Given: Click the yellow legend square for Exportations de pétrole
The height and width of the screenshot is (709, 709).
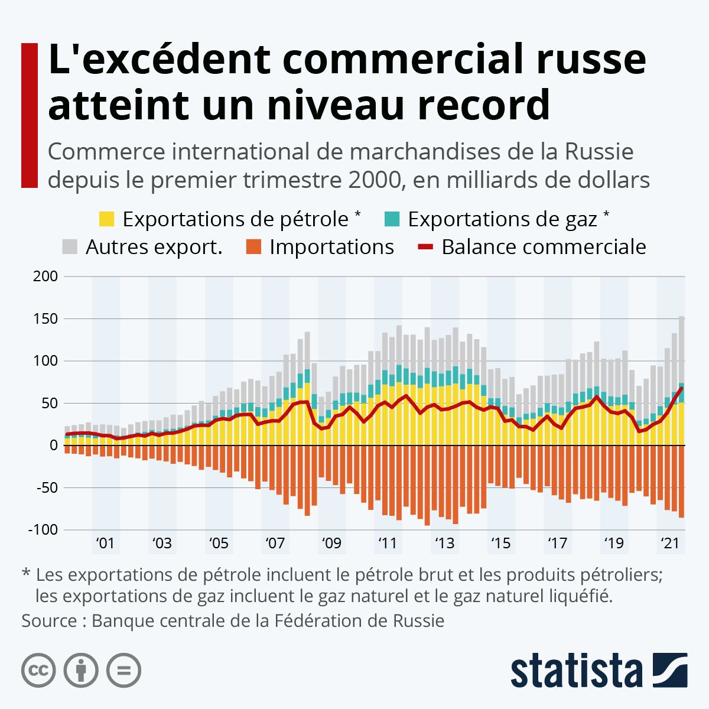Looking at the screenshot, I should [x=106, y=219].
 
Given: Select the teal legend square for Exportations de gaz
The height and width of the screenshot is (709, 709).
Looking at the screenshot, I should [x=392, y=219].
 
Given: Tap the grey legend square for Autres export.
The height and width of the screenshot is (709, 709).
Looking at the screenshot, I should [x=70, y=247].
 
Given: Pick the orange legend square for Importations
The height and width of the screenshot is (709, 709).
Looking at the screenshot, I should [x=253, y=247].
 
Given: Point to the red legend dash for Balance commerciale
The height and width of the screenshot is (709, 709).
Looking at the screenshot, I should [x=425, y=247].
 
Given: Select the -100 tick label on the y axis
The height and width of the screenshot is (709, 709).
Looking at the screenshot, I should [x=43, y=530].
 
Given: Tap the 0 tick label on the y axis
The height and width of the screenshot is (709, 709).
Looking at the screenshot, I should [x=53, y=445].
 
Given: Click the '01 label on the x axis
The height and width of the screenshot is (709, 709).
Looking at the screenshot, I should [x=105, y=543].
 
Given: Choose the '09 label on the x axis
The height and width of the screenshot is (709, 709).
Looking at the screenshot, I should [x=331, y=543].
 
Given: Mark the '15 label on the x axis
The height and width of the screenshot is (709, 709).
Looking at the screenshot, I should [x=501, y=543].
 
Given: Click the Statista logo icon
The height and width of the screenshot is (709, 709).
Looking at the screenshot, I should [x=670, y=670].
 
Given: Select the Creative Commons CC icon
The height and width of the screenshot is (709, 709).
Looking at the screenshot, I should [x=38, y=671].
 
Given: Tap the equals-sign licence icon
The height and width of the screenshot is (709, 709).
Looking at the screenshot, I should [x=123, y=671].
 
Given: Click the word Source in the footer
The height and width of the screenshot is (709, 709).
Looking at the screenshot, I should [x=49, y=622].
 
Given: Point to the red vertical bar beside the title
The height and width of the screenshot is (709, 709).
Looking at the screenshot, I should [x=30, y=115].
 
